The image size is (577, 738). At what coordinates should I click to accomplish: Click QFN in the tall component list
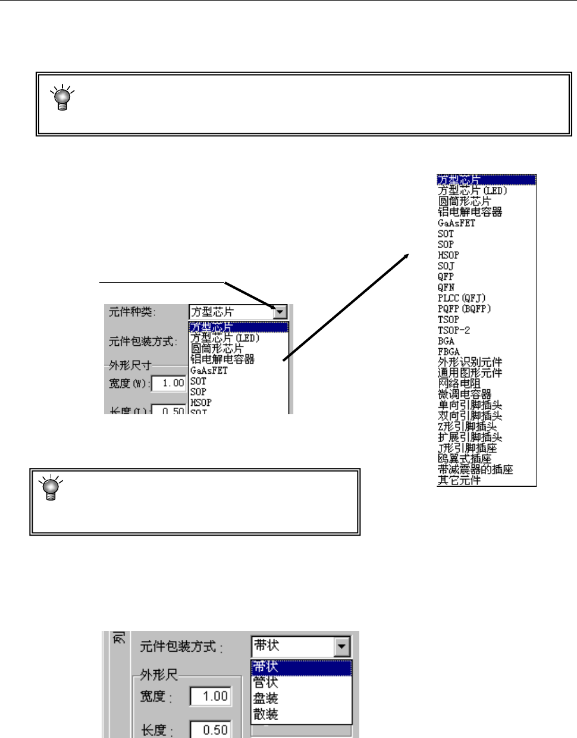coord(446,287)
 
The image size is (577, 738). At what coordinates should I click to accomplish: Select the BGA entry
coord(446,341)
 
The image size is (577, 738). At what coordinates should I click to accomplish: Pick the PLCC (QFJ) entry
coord(462,298)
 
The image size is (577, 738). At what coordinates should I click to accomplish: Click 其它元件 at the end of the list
coord(459,480)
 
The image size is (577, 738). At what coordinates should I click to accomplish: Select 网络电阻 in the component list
coord(459,384)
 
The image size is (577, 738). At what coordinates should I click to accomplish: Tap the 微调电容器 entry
coord(465,395)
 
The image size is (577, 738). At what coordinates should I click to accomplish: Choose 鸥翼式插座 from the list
coord(465,459)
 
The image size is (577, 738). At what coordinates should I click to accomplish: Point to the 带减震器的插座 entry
coord(475,470)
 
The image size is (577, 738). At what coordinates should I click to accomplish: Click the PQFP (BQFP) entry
coord(465,309)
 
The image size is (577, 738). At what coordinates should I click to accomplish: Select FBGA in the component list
coord(449,352)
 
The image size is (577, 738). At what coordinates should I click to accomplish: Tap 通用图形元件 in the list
coord(470,373)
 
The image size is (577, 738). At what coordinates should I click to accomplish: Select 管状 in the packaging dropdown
coord(266,683)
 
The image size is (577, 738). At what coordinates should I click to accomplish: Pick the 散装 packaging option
coord(266,714)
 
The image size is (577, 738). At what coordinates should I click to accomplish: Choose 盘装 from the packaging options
coord(266,698)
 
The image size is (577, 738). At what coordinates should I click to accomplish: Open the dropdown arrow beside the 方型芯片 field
coord(280,312)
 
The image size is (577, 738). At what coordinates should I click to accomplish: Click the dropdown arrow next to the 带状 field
coord(342,646)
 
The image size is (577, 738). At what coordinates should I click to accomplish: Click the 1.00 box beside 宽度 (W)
coord(170,383)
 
